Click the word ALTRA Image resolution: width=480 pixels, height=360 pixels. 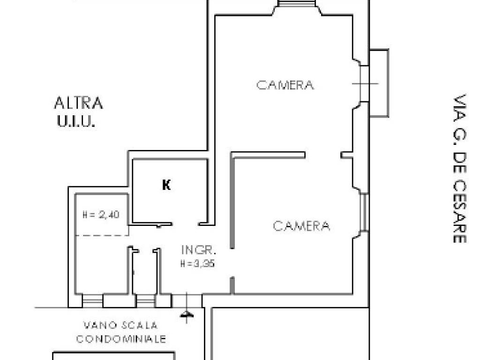[78, 103]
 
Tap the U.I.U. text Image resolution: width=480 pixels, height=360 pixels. [76, 122]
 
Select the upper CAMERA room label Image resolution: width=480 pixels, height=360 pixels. [285, 85]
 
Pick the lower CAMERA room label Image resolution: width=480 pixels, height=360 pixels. [301, 226]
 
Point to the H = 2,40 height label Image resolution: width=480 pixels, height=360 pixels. [101, 215]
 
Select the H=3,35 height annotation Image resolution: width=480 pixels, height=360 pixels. [197, 264]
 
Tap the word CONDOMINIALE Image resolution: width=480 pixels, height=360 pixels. [121, 339]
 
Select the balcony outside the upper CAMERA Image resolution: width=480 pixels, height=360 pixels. [379, 83]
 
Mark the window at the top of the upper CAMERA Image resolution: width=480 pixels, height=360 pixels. [296, 4]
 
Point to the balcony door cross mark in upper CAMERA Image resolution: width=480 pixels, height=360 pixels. [364, 83]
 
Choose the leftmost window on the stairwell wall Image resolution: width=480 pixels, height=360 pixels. [92, 300]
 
